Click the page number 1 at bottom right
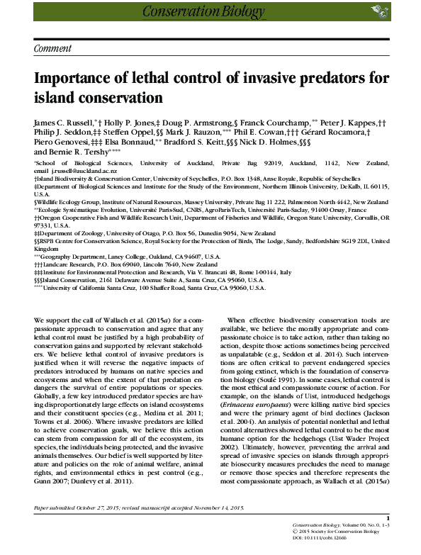pyautogui.click(x=388, y=518)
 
